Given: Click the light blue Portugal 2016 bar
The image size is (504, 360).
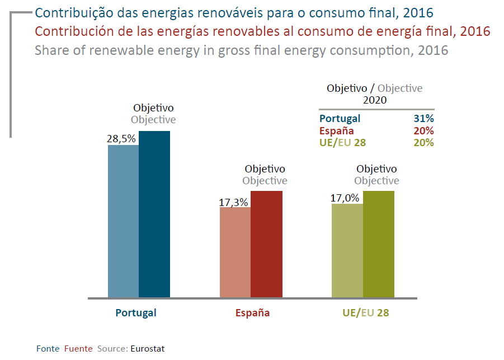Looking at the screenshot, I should click(123, 221).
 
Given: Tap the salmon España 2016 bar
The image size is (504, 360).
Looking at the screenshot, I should click(235, 253).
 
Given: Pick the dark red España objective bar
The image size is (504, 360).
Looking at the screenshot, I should click(266, 244).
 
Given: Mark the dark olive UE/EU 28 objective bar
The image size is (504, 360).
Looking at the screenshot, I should click(379, 244).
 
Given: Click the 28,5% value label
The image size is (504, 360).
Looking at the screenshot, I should click(121, 139).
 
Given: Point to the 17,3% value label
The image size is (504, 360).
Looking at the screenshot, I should click(233, 203).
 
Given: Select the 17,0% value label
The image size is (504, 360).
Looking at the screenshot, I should click(345, 198).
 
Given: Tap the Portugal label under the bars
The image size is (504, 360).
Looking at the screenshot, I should click(136, 313).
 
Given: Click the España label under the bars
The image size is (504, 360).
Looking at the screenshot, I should click(252, 313).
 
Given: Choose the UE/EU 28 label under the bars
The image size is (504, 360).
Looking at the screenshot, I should click(365, 313).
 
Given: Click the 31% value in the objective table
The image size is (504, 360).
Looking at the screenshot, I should click(425, 119).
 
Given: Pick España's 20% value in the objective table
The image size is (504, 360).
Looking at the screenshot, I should click(425, 130).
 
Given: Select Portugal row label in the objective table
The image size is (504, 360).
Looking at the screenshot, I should click(340, 119).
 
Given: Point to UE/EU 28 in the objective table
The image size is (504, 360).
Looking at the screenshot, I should click(342, 142).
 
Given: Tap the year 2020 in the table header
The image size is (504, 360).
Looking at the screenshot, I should click(375, 100).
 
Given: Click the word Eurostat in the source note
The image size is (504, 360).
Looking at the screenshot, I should click(148, 348).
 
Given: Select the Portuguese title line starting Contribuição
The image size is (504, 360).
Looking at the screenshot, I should click(234, 13).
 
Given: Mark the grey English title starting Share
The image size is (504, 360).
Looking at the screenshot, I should click(241, 50).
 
